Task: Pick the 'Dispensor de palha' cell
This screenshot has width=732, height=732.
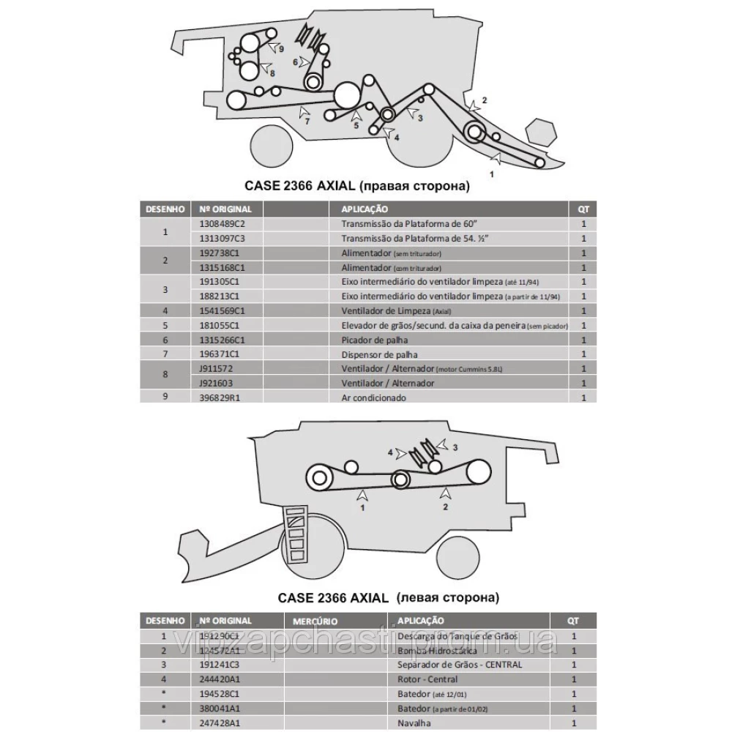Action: pyautogui.click(x=376, y=354)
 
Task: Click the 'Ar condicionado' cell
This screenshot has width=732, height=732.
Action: pyautogui.click(x=373, y=397)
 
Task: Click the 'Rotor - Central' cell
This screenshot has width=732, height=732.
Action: pyautogui.click(x=426, y=679)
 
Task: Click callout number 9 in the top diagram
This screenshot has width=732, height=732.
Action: pyautogui.click(x=281, y=48)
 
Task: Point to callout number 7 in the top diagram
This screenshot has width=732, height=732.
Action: pyautogui.click(x=307, y=122)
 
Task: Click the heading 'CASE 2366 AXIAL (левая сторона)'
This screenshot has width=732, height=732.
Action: pyautogui.click(x=388, y=597)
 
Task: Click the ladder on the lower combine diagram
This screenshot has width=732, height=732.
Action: pyautogui.click(x=296, y=534)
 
